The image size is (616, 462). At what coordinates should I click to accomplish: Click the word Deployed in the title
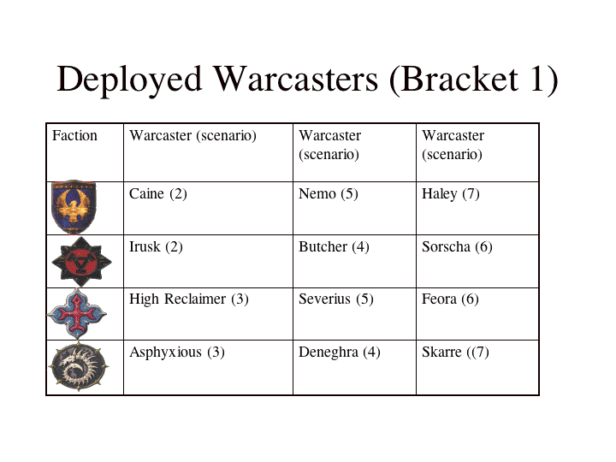click(129, 80)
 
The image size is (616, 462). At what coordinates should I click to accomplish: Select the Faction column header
click(74, 135)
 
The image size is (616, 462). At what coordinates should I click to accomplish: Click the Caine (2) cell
click(158, 194)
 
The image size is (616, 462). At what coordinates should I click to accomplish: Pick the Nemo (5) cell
click(328, 194)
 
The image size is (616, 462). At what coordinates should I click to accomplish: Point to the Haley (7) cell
click(451, 194)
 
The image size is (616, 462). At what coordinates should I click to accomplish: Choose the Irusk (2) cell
click(156, 247)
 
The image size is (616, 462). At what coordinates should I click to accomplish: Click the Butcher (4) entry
click(334, 247)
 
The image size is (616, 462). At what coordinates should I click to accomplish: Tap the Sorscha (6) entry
click(457, 247)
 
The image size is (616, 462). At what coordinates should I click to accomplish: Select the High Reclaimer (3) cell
click(189, 299)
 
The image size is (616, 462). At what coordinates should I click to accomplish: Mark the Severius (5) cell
click(336, 299)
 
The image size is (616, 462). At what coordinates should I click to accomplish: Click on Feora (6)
click(450, 299)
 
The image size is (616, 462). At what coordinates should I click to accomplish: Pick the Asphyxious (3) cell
click(177, 352)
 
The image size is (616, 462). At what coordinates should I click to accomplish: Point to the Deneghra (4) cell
click(340, 352)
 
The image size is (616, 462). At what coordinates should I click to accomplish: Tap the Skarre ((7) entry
click(455, 352)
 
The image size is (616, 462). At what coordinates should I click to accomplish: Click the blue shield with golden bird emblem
click(74, 207)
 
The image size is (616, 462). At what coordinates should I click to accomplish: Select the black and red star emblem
click(81, 261)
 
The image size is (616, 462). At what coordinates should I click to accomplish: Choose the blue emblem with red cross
click(77, 313)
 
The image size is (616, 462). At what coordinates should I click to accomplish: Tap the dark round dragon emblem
click(79, 366)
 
